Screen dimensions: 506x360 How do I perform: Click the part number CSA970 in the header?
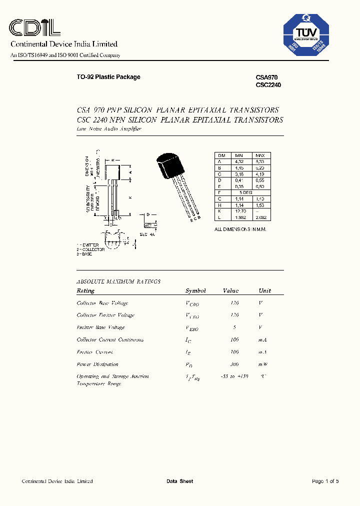(266, 77)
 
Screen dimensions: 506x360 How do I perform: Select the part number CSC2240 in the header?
(268, 85)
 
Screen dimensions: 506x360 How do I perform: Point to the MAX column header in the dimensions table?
(260, 155)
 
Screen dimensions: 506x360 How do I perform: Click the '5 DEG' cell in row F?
(246, 192)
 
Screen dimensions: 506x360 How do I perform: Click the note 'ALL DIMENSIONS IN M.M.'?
(240, 229)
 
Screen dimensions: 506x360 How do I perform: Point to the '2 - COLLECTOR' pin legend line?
(90, 249)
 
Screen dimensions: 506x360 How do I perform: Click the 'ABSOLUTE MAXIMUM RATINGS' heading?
(118, 281)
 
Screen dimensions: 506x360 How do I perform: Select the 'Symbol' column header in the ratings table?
(195, 290)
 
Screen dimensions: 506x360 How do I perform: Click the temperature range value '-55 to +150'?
(234, 376)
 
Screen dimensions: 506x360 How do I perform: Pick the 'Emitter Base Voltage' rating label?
(100, 327)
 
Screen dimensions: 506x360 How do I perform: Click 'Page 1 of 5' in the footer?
(325, 481)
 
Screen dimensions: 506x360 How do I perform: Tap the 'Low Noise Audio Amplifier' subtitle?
(109, 129)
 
